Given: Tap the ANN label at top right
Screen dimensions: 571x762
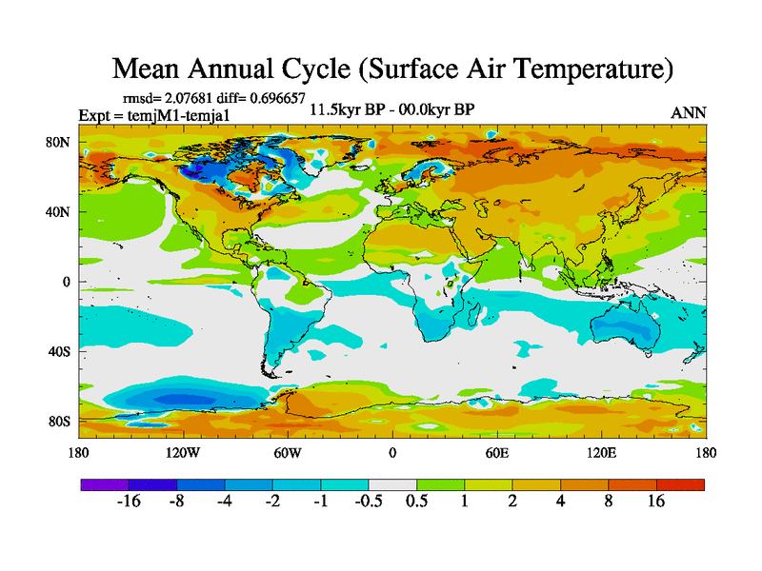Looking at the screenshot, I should (689, 112).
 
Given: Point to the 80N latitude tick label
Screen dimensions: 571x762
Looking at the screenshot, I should (58, 143).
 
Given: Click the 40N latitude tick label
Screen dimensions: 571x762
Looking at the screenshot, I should (58, 212).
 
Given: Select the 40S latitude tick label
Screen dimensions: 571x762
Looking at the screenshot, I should (59, 351).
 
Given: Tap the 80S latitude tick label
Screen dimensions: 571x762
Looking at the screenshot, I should (59, 421).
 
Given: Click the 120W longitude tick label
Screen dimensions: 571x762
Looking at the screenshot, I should (183, 453).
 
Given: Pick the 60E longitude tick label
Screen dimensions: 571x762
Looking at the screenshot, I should (496, 453).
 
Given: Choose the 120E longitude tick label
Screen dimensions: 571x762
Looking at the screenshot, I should (601, 453).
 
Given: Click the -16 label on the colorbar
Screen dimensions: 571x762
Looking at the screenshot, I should (129, 502).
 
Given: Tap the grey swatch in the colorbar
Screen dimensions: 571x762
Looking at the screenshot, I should (392, 484).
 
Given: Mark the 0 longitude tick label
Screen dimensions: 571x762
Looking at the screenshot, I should (392, 453).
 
